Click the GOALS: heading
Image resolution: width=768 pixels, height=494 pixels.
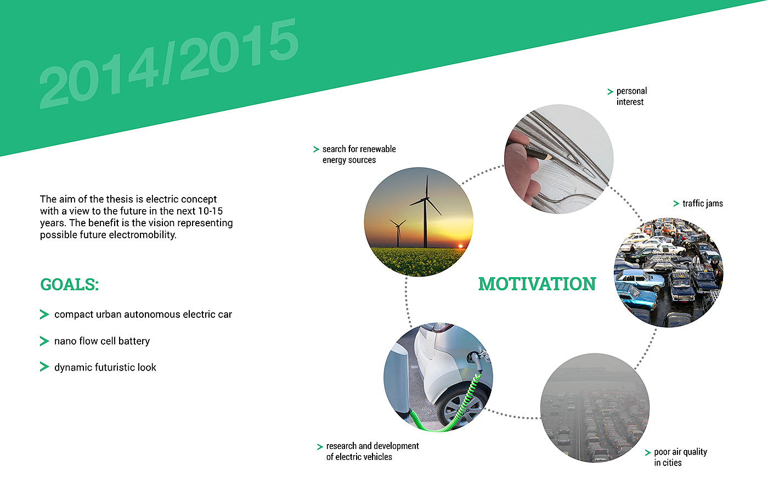70,284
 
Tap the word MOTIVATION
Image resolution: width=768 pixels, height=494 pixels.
537,284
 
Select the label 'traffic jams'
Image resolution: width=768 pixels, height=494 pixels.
703,204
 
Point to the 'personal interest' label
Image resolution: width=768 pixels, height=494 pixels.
631,97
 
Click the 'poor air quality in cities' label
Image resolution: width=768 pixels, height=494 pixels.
680,457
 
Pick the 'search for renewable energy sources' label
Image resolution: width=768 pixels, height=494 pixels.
359,154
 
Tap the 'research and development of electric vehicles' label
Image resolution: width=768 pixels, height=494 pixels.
372,451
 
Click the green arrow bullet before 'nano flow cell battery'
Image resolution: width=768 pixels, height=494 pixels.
44,341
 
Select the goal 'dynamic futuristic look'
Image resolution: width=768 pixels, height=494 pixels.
105,367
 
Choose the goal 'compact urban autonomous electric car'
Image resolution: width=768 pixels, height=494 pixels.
143,315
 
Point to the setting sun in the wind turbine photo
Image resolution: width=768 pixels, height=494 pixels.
460,246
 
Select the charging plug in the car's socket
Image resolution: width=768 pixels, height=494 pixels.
476,361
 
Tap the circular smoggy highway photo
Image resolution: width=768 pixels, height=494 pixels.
595,408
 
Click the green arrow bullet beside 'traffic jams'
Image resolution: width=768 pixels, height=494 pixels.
676,204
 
